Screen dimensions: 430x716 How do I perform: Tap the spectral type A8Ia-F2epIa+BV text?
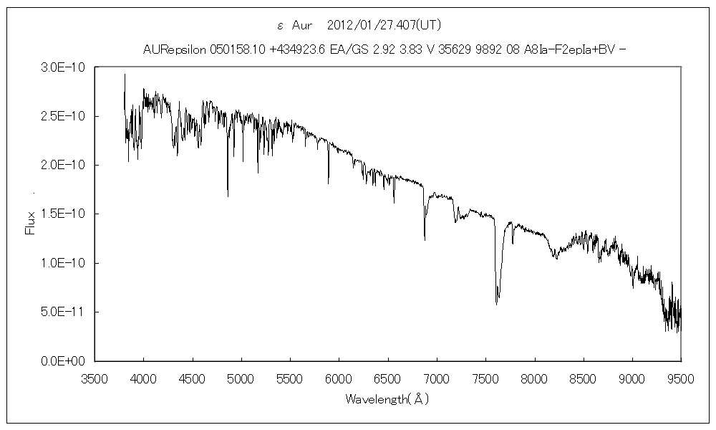566,49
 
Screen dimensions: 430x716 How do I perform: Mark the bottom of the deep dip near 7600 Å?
496,304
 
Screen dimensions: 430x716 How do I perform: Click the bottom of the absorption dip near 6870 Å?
425,239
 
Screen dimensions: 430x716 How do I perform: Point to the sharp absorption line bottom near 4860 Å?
228,196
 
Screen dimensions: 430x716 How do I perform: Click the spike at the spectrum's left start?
125,75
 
